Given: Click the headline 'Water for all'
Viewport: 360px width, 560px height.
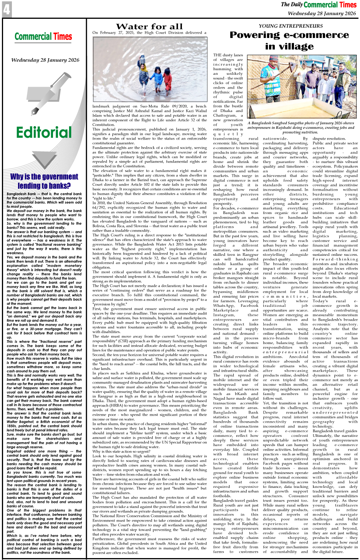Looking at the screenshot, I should tap(149, 26).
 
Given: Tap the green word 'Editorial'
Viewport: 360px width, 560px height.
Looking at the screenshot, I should tap(44, 132).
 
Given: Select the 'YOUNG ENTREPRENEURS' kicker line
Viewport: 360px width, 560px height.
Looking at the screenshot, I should tap(291, 26).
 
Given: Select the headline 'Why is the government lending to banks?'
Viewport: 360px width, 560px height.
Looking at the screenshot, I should tap(44, 181).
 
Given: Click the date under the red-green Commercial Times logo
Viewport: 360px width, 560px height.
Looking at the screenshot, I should tap(45, 60).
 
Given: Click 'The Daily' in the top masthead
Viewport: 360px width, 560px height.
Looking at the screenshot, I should tap(291, 5).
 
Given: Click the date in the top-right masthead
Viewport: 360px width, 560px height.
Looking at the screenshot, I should tap(322, 13).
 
